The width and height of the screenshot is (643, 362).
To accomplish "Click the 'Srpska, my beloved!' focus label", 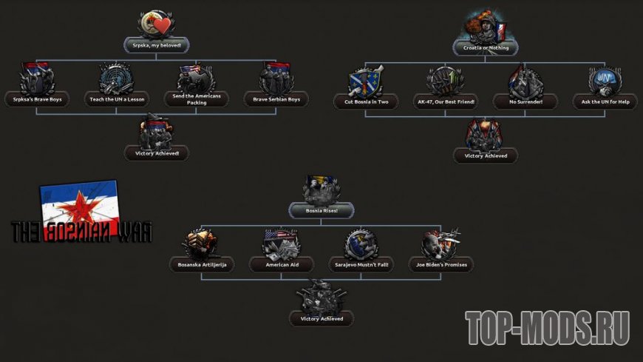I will tap(156, 45).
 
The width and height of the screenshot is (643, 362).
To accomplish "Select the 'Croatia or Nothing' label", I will tap(485, 47).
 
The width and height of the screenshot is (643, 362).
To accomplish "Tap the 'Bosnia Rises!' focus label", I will tap(321, 211).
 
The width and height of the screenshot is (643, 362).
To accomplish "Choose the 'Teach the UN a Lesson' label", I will tap(117, 98).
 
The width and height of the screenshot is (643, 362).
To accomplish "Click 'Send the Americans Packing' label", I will tap(196, 99).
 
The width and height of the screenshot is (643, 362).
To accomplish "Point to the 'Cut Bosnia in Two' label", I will tap(366, 101).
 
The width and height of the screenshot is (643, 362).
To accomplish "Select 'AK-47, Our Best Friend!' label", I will tap(445, 101).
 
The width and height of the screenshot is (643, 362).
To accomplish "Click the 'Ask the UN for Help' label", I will tap(605, 101).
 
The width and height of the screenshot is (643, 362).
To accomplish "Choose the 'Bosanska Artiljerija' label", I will tap(201, 264).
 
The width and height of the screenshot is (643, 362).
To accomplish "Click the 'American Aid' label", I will tap(281, 264).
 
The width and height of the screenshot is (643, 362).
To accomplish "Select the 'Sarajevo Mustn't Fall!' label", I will tap(361, 264).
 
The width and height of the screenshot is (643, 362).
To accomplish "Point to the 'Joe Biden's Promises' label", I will tap(440, 264).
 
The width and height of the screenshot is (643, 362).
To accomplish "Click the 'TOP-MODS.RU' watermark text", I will tap(547, 329).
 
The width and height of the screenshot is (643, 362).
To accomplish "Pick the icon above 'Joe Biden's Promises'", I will tap(440, 243).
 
